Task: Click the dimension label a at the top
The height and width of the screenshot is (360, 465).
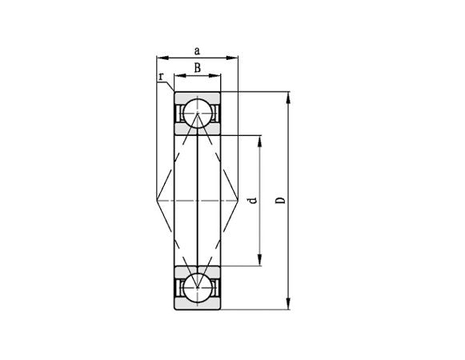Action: (197, 50)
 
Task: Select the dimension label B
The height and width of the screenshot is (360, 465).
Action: (197, 69)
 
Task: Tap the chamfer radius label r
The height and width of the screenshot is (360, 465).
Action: (161, 78)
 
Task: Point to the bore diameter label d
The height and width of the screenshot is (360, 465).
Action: (253, 200)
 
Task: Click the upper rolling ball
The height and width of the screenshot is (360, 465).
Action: (197, 114)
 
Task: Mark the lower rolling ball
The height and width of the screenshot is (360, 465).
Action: (197, 286)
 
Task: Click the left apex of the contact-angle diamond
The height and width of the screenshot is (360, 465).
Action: (158, 200)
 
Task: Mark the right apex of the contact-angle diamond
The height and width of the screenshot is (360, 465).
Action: (238, 200)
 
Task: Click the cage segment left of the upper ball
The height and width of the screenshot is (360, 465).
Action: (179, 114)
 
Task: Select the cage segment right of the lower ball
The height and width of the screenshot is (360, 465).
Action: (214, 286)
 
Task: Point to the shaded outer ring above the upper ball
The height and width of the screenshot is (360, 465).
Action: (197, 97)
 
